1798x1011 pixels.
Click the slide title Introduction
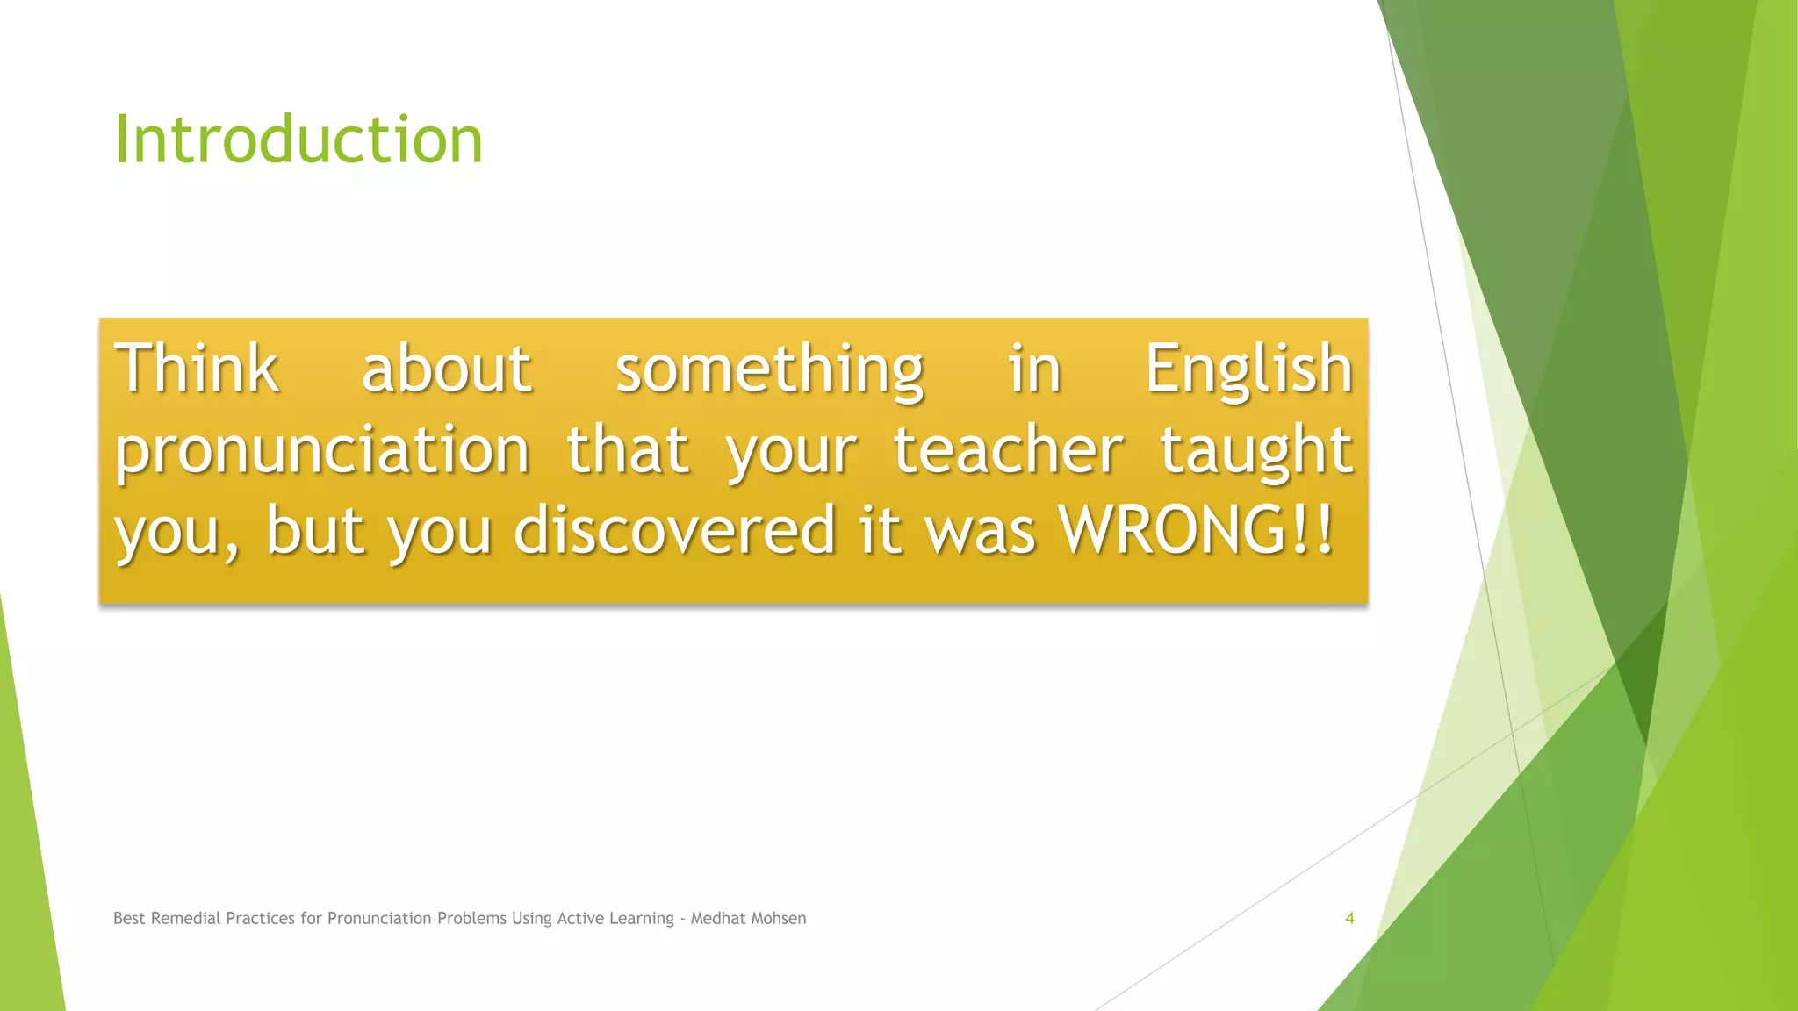(x=298, y=140)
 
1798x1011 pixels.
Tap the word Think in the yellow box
(x=197, y=369)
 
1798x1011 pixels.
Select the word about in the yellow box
(x=446, y=369)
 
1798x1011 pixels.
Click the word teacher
(x=1008, y=449)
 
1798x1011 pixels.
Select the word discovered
(x=673, y=530)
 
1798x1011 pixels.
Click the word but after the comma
(x=314, y=530)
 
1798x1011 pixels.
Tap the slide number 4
(x=1349, y=918)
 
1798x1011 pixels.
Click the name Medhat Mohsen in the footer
(x=748, y=918)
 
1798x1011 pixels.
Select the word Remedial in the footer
(x=186, y=918)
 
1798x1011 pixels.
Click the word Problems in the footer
(x=471, y=918)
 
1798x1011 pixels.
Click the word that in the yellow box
(x=627, y=449)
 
